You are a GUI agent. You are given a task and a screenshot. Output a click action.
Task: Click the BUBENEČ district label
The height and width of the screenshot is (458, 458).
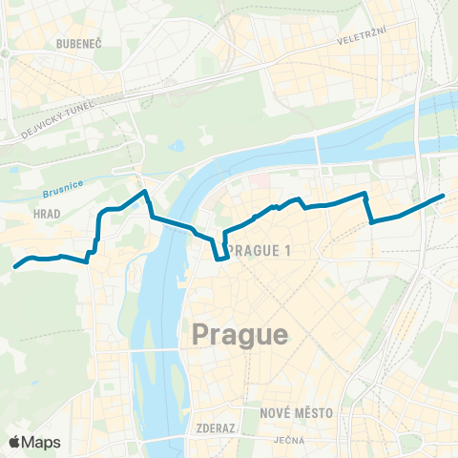coord(72,43)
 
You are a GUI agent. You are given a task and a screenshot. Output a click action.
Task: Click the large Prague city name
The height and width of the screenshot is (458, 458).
coord(239,334)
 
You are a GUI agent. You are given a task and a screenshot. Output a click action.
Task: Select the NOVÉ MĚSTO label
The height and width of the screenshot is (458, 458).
coord(296,413)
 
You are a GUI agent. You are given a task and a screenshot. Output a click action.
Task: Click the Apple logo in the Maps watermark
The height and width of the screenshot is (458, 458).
coord(15,442)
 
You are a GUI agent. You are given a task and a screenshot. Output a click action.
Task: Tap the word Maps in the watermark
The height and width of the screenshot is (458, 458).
coord(43,442)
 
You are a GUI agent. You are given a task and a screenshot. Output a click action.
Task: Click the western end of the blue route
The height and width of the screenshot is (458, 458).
coord(16,266)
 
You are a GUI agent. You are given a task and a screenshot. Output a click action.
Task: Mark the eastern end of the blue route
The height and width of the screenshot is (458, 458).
coord(443,196)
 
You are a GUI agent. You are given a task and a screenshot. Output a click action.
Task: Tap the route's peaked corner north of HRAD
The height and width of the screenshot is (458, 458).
coord(143,193)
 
